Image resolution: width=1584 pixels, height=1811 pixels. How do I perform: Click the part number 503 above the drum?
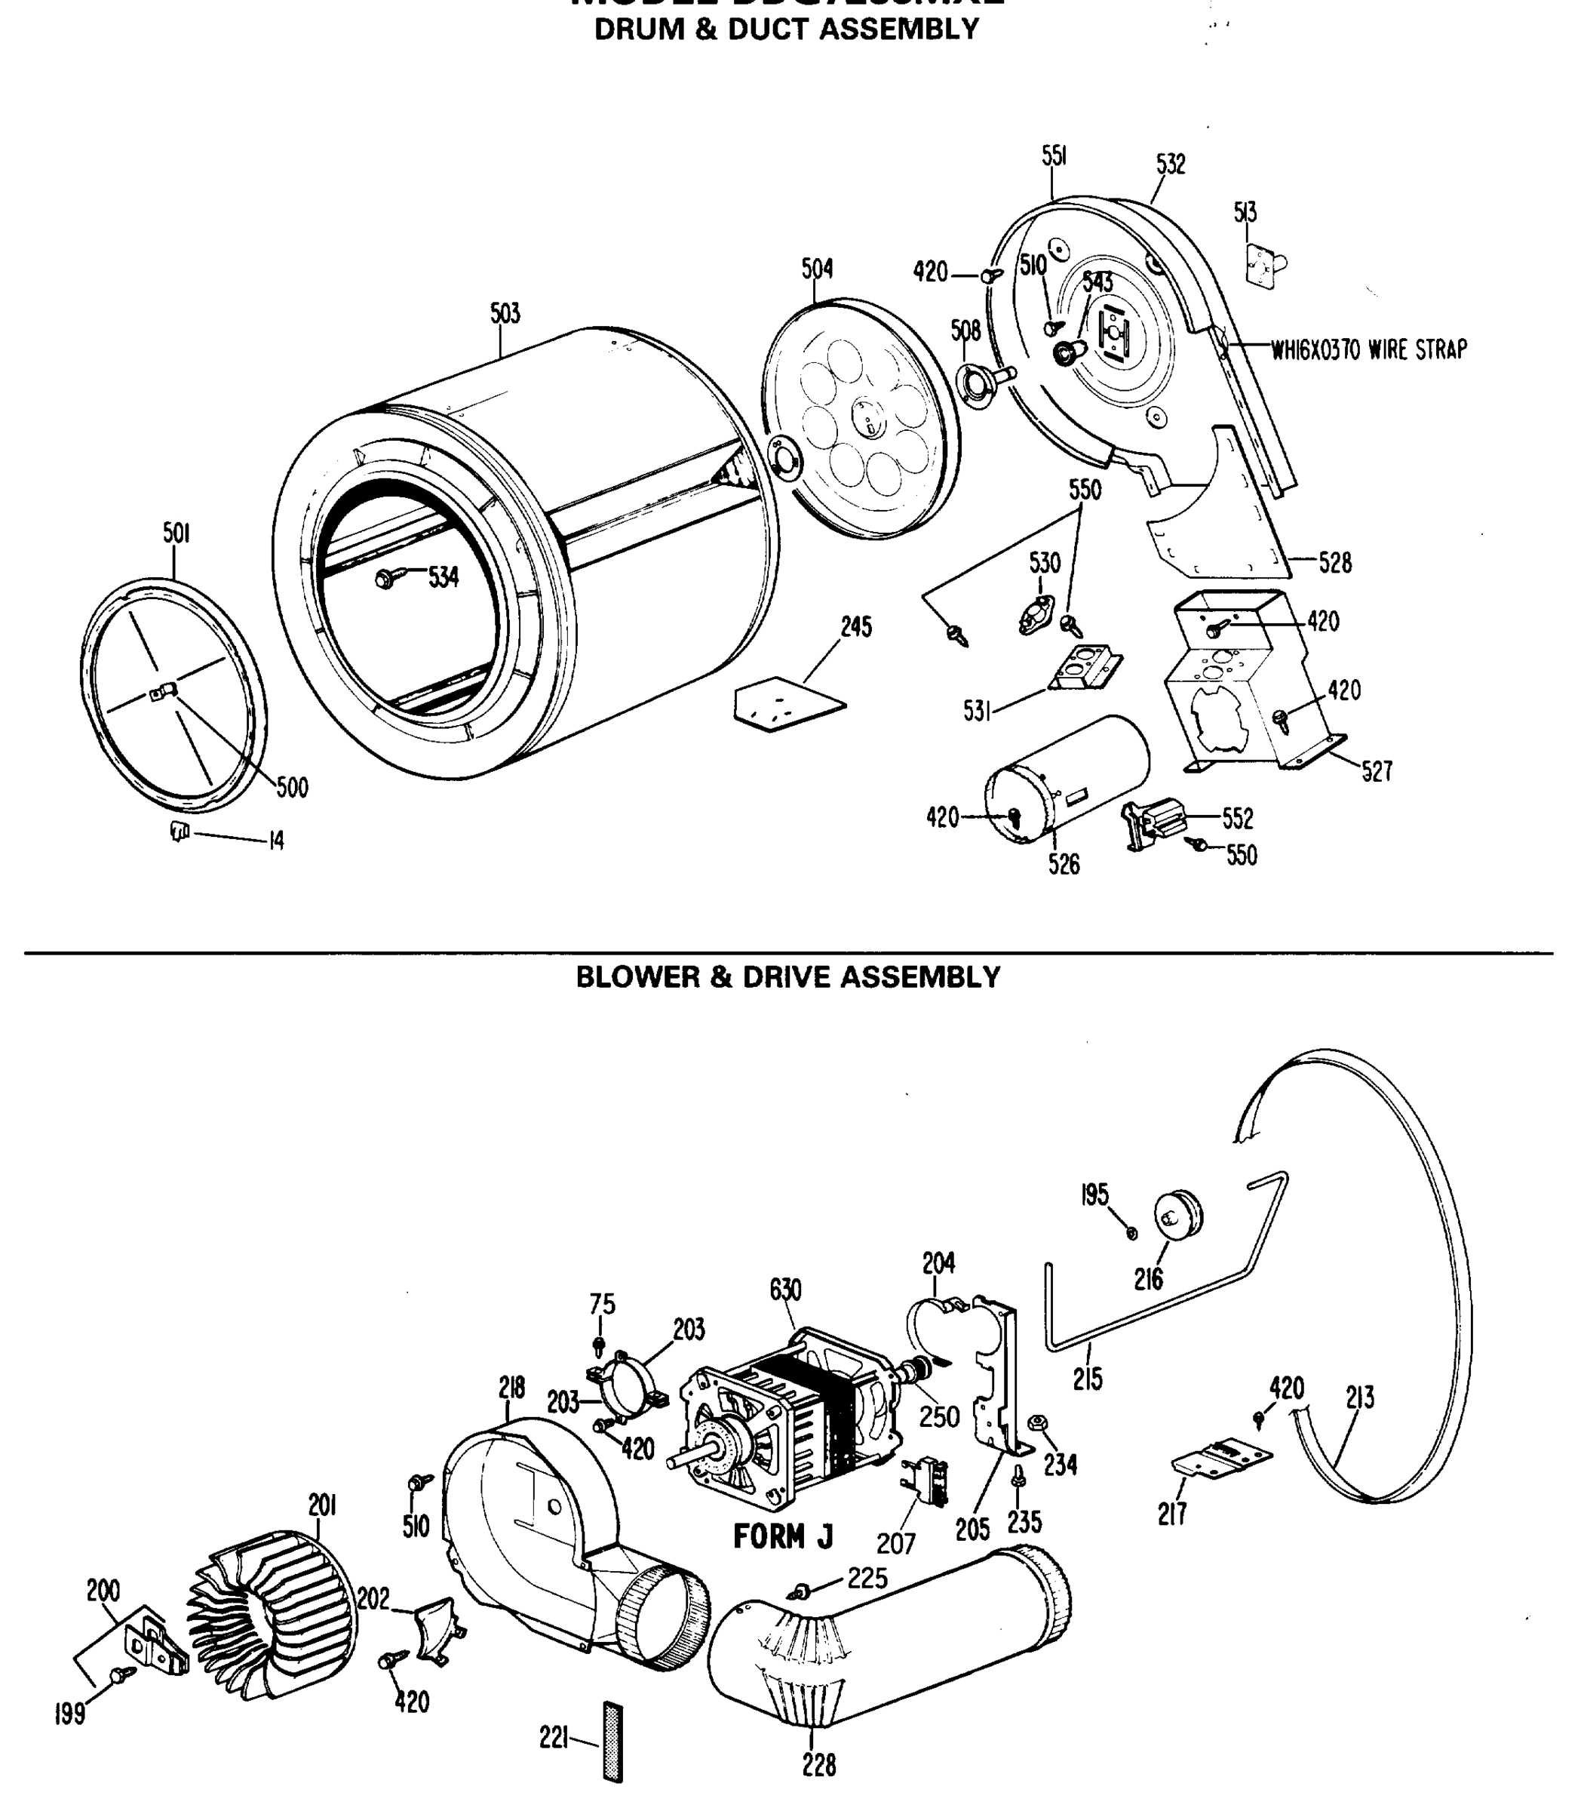pyautogui.click(x=505, y=313)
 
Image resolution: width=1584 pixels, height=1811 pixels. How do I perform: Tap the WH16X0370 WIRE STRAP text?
pyautogui.click(x=1368, y=350)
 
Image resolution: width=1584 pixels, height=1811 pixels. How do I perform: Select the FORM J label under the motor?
pyautogui.click(x=782, y=1536)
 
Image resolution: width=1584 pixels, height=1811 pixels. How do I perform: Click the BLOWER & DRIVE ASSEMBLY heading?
pyautogui.click(x=787, y=977)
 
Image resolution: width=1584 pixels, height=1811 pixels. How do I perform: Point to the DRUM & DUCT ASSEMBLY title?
pyautogui.click(x=786, y=29)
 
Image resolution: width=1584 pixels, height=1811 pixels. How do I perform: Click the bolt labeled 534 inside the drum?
pyautogui.click(x=387, y=578)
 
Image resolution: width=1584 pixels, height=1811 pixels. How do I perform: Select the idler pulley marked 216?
pyautogui.click(x=1179, y=1215)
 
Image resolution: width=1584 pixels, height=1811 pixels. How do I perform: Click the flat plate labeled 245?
pyautogui.click(x=788, y=703)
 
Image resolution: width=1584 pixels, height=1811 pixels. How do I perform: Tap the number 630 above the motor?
pyautogui.click(x=785, y=1290)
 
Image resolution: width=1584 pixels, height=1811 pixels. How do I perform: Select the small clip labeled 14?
pyautogui.click(x=180, y=830)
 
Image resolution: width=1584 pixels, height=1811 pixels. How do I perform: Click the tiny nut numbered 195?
pyautogui.click(x=1132, y=1234)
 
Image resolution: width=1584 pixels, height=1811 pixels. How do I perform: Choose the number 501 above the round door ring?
pyautogui.click(x=176, y=533)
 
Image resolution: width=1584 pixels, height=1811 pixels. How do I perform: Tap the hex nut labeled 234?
pyautogui.click(x=1038, y=1423)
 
